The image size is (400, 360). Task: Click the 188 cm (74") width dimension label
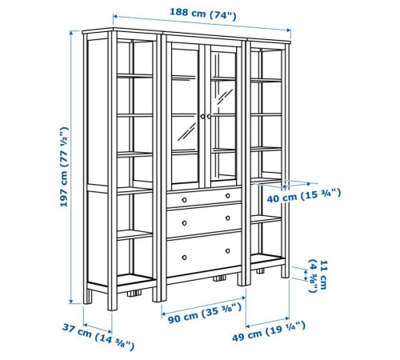[x=203, y=14]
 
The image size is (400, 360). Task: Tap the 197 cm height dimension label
[x=64, y=167]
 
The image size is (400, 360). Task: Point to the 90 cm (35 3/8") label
[x=205, y=314]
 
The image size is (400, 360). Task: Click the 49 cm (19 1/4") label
[x=269, y=331]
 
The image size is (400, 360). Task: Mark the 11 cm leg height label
[x=318, y=275]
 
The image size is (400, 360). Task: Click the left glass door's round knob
[x=202, y=117]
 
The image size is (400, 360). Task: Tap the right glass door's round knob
[x=209, y=117]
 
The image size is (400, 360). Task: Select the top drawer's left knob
[x=184, y=200]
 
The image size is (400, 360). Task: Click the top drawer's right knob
[x=228, y=196]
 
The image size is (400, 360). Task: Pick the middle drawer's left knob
[x=184, y=223]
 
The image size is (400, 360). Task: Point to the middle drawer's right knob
[x=228, y=218]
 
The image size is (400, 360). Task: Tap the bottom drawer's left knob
[x=184, y=258]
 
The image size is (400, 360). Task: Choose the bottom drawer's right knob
[x=228, y=251]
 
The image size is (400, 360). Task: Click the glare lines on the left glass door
[x=186, y=132]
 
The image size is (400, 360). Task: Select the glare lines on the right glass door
[x=225, y=97]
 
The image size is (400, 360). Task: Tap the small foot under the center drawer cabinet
[x=219, y=278]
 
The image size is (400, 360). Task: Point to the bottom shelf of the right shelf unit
[x=267, y=259]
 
